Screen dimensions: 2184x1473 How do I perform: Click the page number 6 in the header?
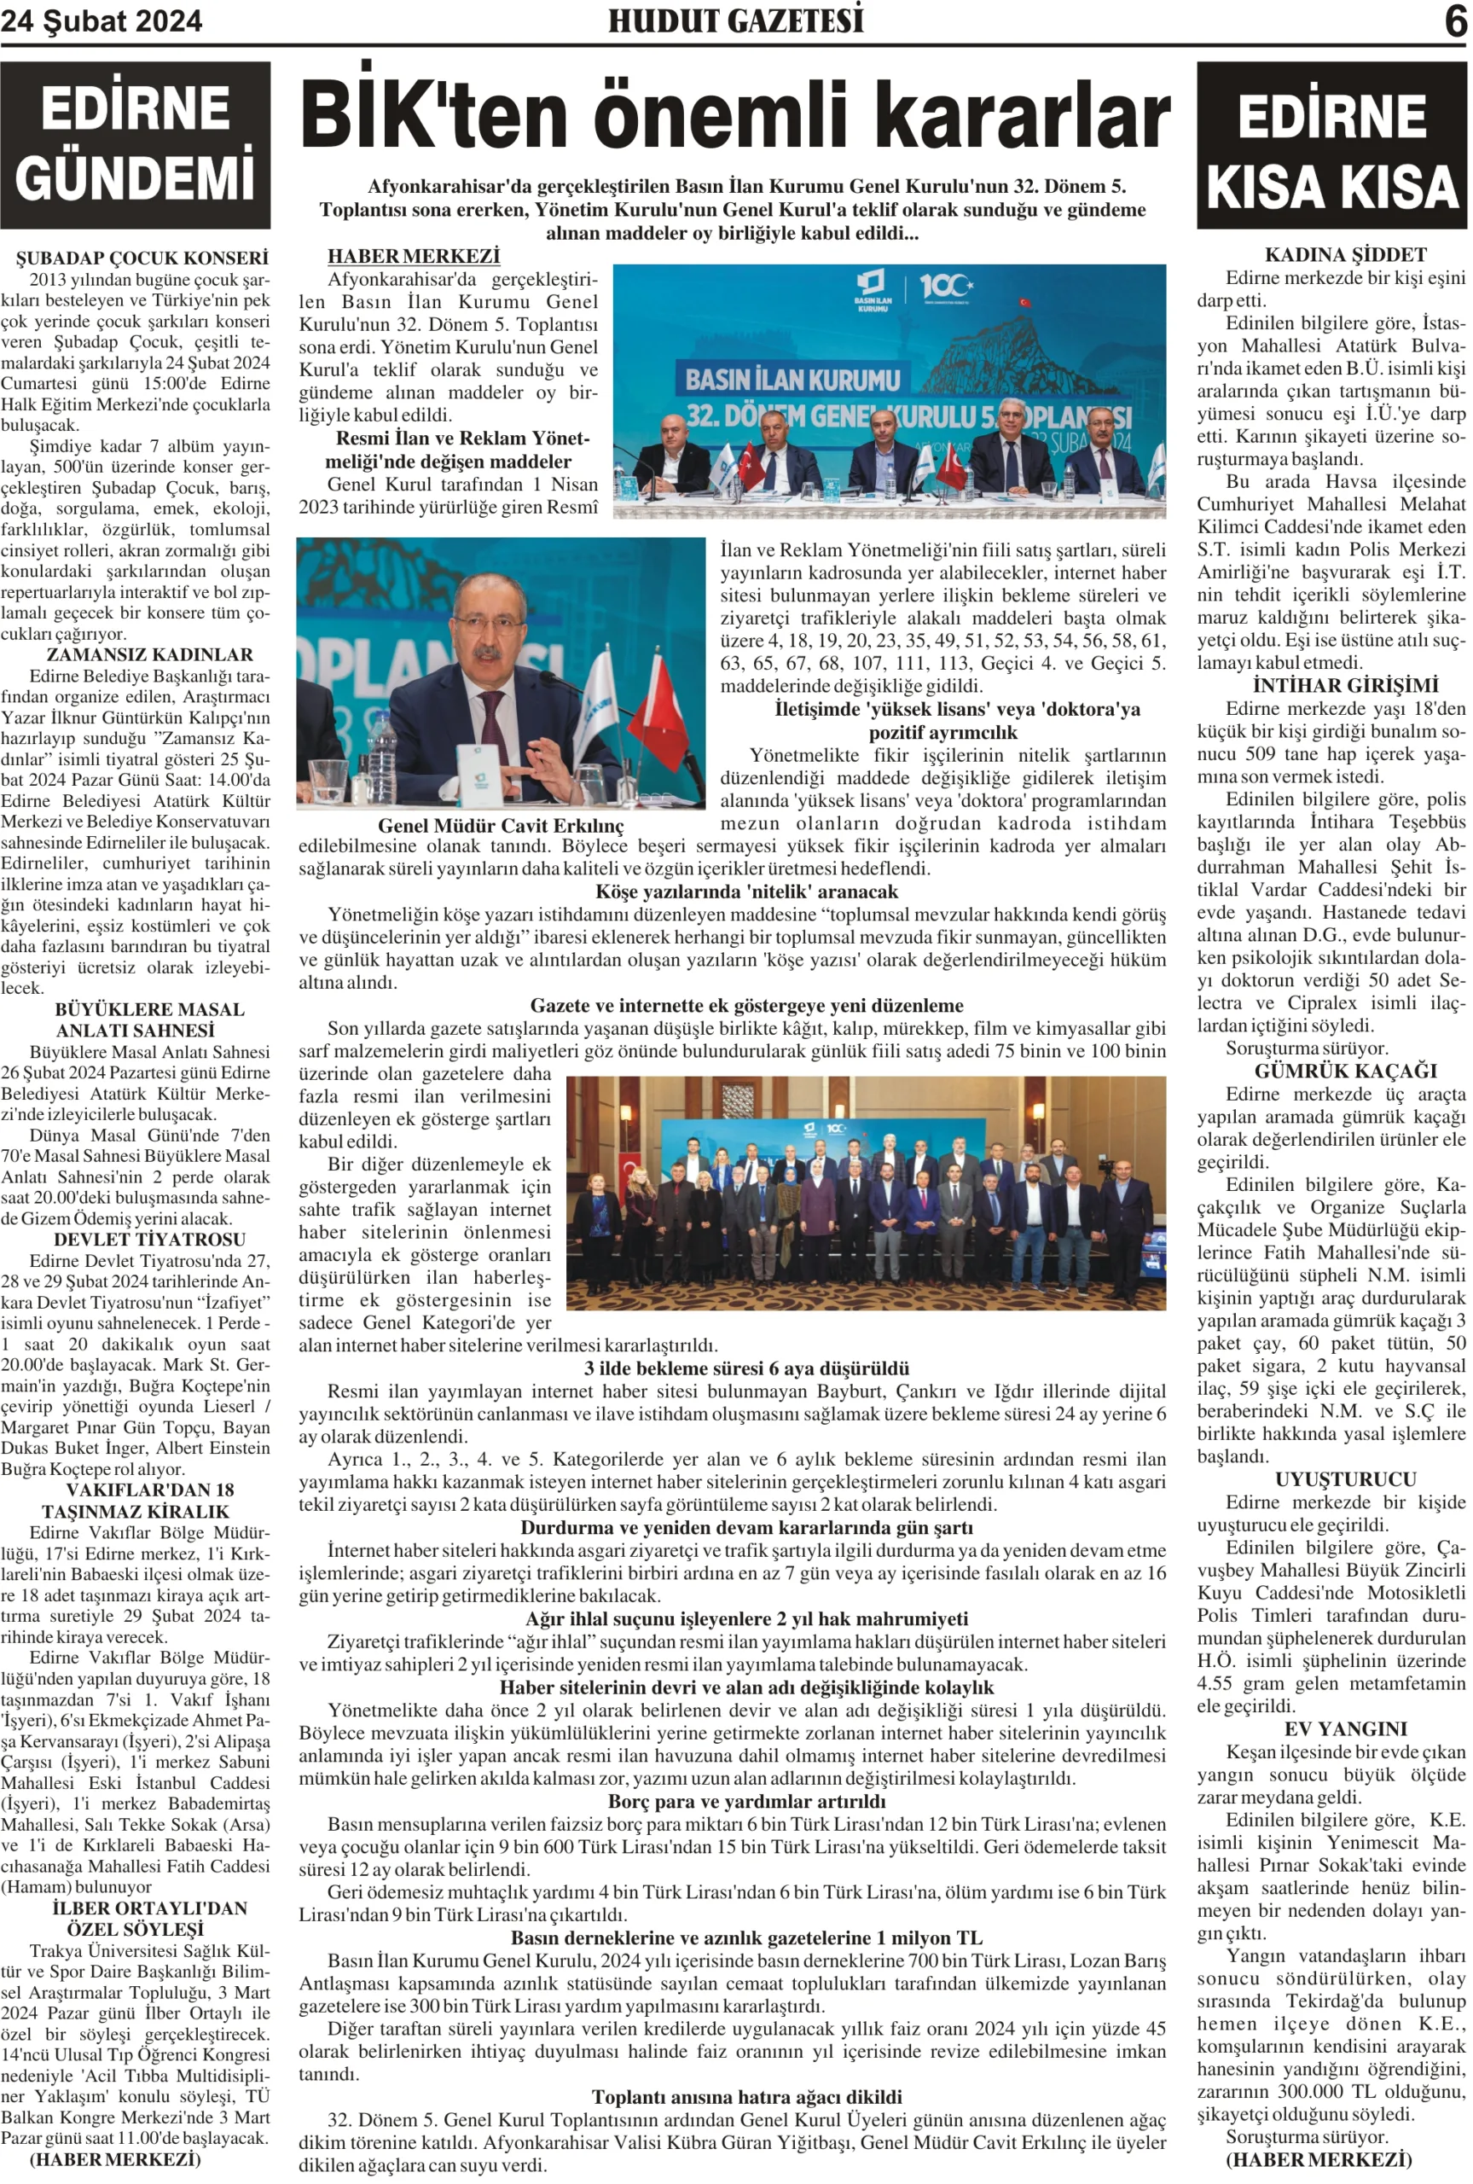coord(1455,21)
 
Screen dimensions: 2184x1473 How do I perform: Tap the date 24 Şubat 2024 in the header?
coord(101,21)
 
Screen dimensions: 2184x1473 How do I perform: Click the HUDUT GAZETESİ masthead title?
coord(735,20)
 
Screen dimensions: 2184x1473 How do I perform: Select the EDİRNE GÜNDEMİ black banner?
coord(136,145)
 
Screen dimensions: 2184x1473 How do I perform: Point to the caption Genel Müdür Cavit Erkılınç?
coord(501,826)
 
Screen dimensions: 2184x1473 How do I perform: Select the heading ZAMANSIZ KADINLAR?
coord(150,654)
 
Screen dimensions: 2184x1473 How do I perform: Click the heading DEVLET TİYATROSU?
coord(149,1239)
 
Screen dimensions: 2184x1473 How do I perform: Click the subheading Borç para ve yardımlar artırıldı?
coord(747,1801)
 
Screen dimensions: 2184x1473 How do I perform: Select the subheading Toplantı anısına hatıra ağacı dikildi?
coord(747,2097)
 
